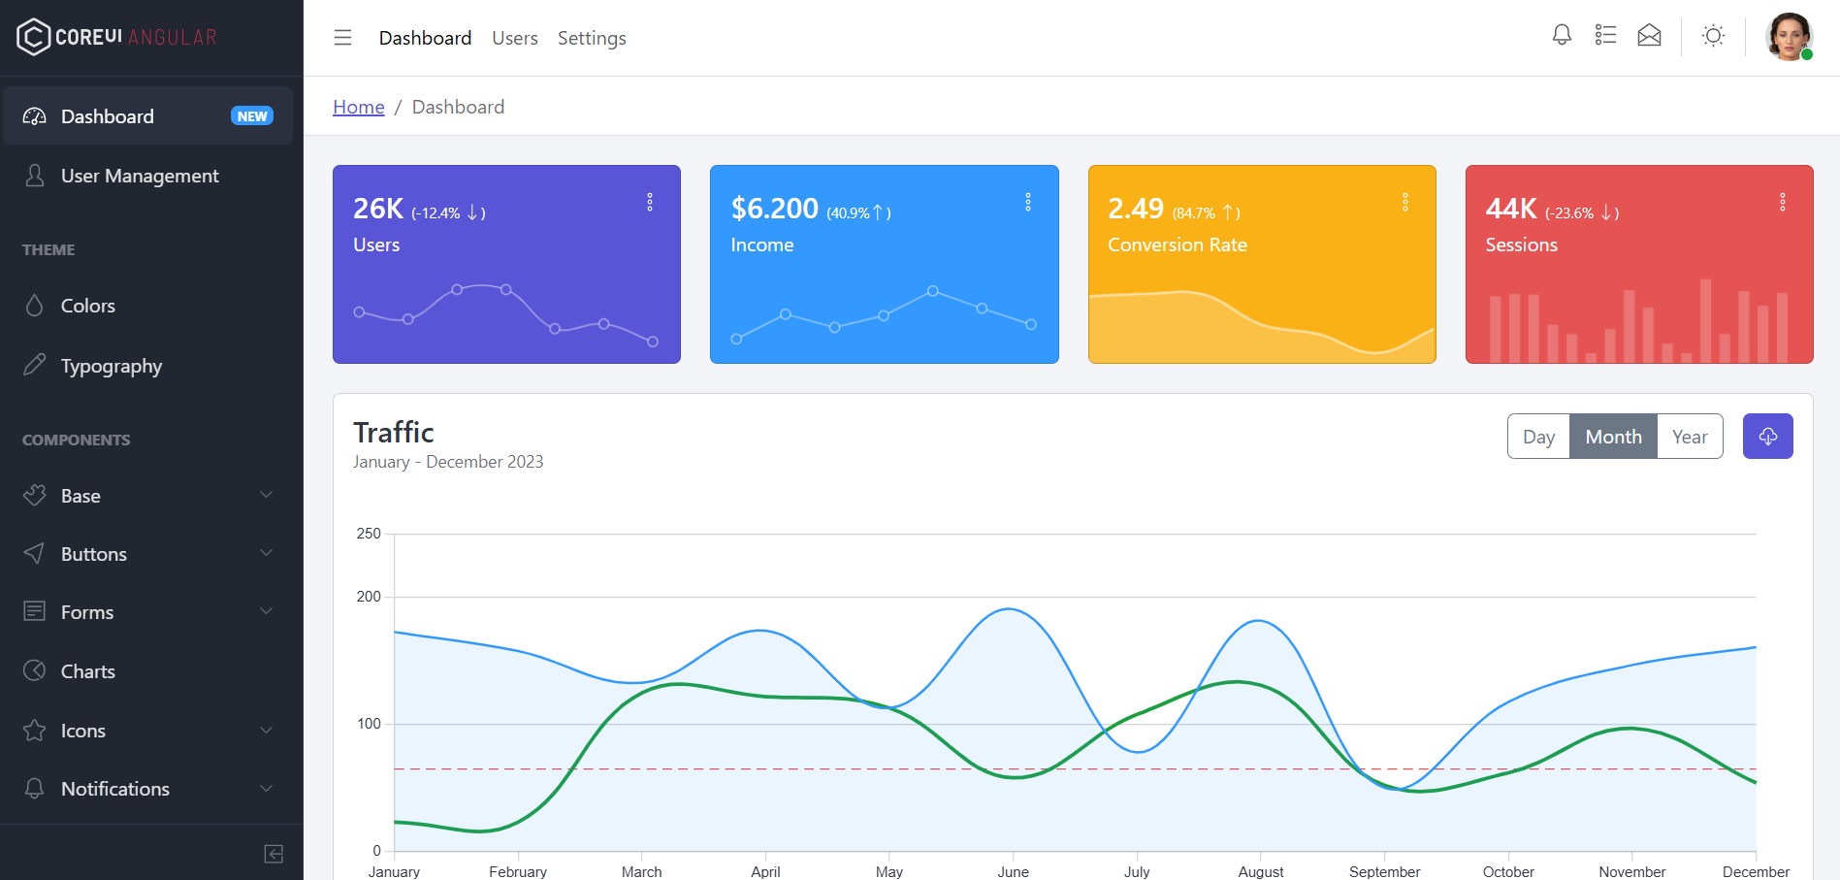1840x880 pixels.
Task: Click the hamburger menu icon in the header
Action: (x=342, y=38)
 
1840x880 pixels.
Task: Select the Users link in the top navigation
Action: (x=514, y=38)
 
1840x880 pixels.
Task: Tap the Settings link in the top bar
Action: (x=592, y=38)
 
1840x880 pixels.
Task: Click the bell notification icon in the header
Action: (x=1562, y=36)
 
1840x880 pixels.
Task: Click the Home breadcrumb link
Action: (x=359, y=107)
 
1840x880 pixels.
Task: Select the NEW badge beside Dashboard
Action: (x=252, y=116)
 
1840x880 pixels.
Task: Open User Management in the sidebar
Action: (x=140, y=176)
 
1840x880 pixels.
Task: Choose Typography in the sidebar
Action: (x=112, y=366)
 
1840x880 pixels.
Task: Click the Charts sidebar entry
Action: (x=88, y=671)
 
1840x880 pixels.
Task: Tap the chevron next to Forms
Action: (x=267, y=611)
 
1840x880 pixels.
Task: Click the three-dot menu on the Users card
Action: (x=650, y=202)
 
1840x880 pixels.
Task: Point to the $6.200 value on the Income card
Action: (x=774, y=209)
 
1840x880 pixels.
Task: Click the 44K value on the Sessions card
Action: (x=1510, y=209)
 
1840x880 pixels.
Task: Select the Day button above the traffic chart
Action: (x=1538, y=437)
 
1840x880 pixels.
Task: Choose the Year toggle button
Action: (x=1690, y=437)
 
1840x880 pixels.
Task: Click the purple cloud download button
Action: (x=1767, y=437)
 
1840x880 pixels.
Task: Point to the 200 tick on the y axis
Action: (x=369, y=597)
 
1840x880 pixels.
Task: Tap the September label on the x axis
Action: (x=1384, y=871)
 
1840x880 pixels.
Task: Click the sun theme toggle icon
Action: (x=1713, y=37)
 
